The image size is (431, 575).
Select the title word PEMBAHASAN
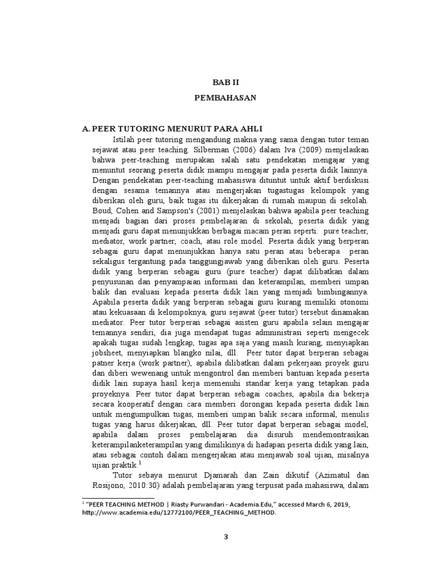pos(225,98)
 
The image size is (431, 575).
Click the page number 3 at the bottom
pos(226,537)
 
